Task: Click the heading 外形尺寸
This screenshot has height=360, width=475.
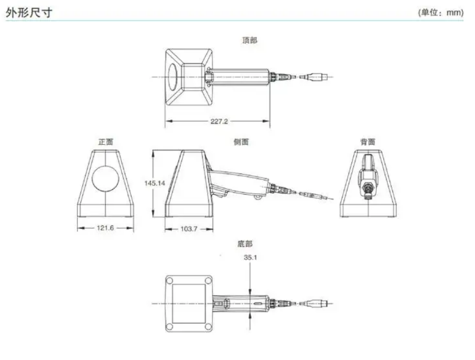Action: point(29,12)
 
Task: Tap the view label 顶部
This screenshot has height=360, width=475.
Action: point(250,41)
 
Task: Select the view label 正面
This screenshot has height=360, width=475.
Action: point(106,142)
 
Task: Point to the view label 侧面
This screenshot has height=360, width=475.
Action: point(241,142)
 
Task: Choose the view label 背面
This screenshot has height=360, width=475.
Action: point(368,142)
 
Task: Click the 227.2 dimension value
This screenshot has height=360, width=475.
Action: point(219,122)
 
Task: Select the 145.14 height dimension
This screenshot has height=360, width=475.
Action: point(155,183)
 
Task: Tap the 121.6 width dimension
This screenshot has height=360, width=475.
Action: point(105,229)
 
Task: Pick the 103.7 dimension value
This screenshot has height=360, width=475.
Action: point(189,229)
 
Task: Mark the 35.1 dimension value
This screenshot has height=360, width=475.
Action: point(250,258)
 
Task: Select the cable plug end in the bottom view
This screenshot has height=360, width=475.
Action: point(319,303)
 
